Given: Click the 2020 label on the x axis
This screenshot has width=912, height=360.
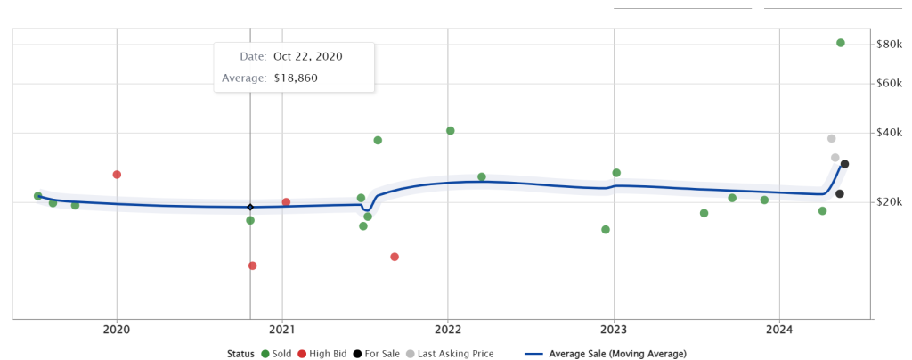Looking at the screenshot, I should (x=117, y=329).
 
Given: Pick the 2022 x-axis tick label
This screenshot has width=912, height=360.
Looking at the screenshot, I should (x=447, y=329).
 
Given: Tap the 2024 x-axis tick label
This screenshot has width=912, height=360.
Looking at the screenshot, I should (x=778, y=329).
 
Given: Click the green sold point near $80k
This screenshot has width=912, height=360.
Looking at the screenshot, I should (x=841, y=43).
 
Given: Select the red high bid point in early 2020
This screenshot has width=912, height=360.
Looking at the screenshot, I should (x=117, y=175).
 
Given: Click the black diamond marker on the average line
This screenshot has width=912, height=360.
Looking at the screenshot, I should (x=250, y=207).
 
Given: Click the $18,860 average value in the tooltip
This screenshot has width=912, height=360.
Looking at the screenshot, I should (x=296, y=78).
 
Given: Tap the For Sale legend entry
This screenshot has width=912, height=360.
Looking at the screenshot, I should (x=379, y=354).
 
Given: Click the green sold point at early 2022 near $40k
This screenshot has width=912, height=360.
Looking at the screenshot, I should (x=451, y=131).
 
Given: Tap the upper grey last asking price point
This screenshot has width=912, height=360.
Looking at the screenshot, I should (x=832, y=138).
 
